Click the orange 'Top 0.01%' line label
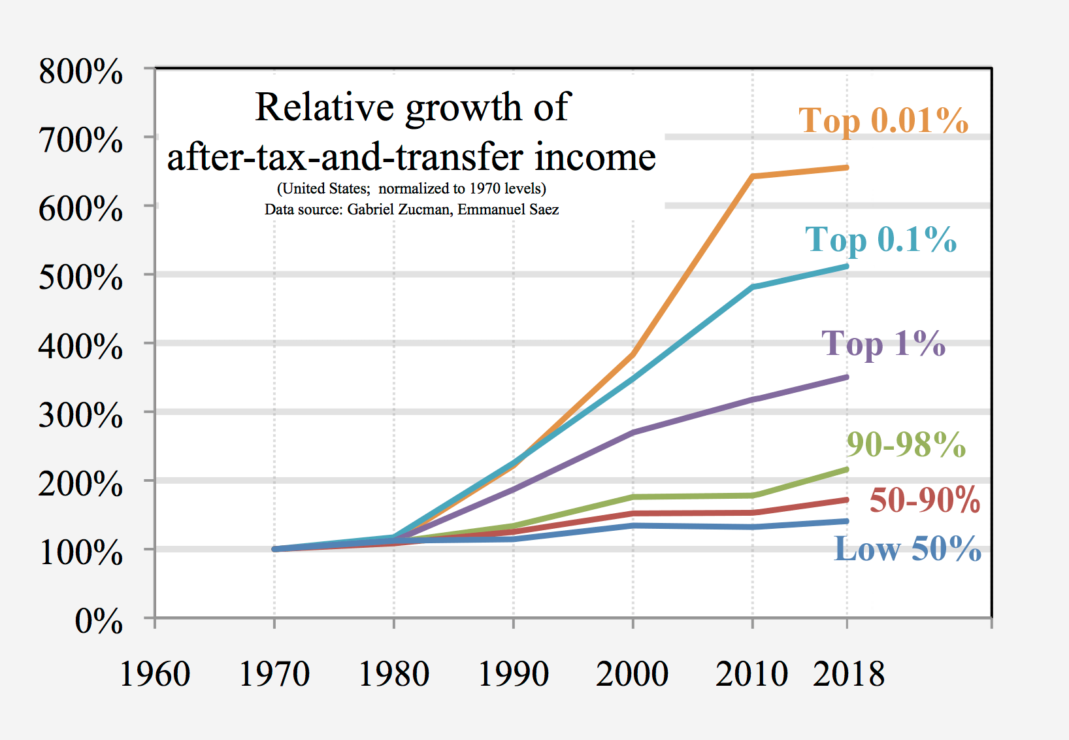coord(883,121)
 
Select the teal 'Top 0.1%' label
coord(880,240)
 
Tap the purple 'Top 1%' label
coord(883,344)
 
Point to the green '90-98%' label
coord(906,445)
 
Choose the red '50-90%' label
coord(925,500)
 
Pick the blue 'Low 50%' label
coord(908,548)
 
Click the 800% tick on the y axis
coord(80,71)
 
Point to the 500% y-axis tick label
coord(80,277)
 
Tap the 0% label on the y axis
coord(99,620)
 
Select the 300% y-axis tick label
coord(80,414)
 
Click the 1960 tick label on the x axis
coord(155,674)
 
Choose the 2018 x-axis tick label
coord(848,674)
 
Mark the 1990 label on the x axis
coord(514,674)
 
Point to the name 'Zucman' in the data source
coord(425,209)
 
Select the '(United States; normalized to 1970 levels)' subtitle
coord(412,189)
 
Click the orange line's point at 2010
coord(753,177)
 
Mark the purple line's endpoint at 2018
coord(847,377)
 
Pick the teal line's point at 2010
coord(753,287)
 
